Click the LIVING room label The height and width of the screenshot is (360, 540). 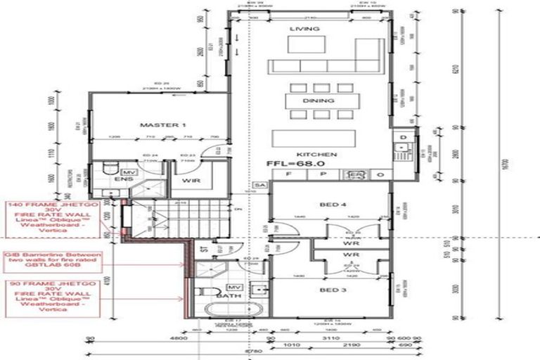304,29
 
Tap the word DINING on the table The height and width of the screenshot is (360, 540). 314,101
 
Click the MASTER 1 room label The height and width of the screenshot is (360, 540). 152,124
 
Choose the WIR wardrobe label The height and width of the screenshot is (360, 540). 189,180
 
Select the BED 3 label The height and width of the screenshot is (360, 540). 328,290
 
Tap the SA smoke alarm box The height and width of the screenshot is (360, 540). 259,184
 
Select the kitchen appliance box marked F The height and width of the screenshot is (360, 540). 288,174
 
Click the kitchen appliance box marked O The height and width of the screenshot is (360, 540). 379,174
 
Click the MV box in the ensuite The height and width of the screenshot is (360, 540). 129,172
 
